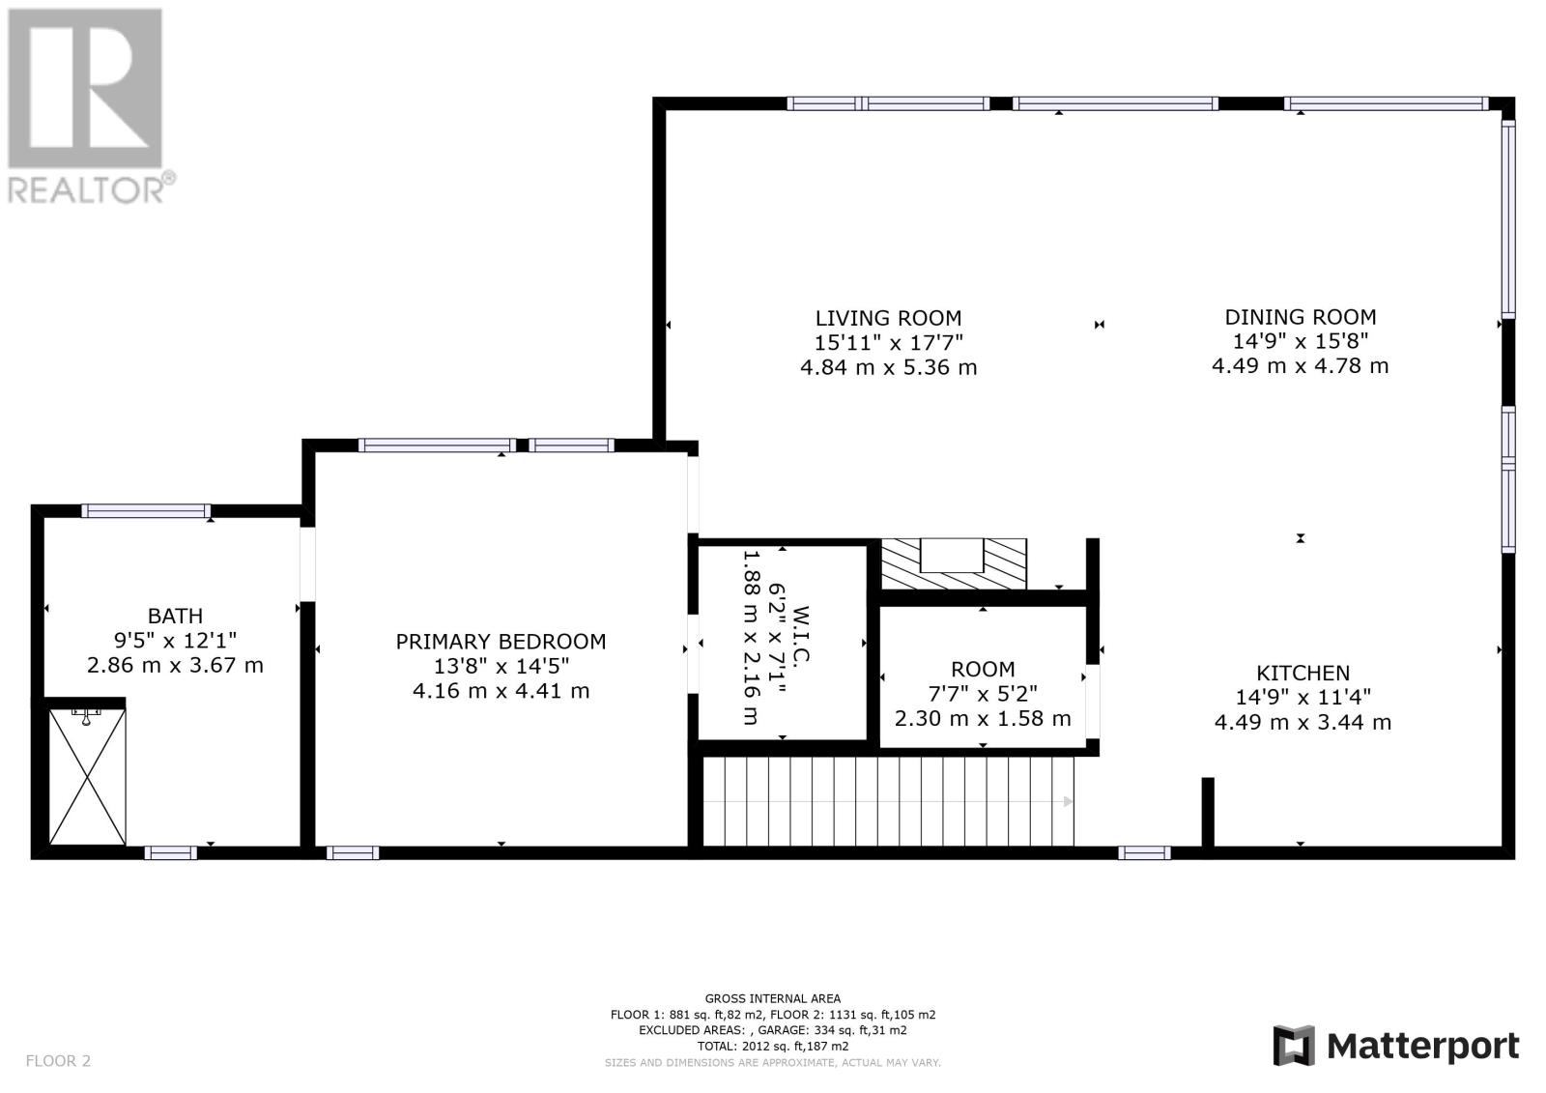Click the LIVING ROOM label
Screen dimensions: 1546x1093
pos(888,318)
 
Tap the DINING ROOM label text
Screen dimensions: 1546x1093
pos(1301,317)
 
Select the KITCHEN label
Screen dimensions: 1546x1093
pos(1303,673)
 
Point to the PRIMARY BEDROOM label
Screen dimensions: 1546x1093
pos(501,642)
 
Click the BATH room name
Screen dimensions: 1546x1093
pos(175,616)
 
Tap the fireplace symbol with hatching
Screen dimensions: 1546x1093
pos(954,564)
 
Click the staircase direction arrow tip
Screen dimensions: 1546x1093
pos(1073,801)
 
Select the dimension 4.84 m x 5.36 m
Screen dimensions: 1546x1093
pos(888,367)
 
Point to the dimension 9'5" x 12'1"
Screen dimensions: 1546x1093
pos(175,641)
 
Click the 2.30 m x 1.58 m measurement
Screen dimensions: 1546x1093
pos(983,719)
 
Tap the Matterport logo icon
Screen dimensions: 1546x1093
pos(1294,1046)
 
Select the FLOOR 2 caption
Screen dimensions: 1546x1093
pos(58,1061)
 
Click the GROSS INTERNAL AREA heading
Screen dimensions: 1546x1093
pos(772,998)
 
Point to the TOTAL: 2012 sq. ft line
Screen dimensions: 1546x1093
pos(772,1046)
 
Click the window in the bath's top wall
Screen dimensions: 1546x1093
pos(146,511)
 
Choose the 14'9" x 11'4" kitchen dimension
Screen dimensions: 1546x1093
pos(1303,698)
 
